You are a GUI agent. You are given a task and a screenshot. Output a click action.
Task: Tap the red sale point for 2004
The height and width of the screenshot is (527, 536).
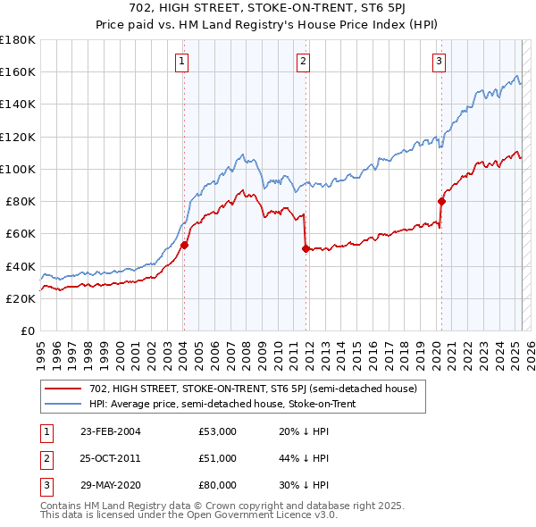pos(184,245)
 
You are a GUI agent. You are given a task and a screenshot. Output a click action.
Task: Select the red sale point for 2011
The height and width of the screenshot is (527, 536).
pos(306,248)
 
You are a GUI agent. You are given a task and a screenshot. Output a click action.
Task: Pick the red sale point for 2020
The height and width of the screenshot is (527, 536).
pos(441,201)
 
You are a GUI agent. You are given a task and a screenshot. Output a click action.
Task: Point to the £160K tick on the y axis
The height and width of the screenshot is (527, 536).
pos(18,71)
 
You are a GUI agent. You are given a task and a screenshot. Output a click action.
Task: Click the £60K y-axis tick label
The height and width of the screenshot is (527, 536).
pos(21,233)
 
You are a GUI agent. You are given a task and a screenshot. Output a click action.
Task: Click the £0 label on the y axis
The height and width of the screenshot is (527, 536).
pos(29,330)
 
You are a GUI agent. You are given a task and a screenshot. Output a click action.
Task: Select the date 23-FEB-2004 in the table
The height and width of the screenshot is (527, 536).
pos(110,431)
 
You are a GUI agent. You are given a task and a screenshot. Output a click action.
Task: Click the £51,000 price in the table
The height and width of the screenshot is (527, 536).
pos(218,458)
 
